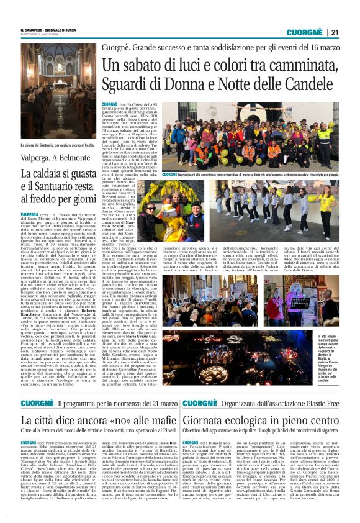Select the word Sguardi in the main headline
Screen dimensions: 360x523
pos(127,82)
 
